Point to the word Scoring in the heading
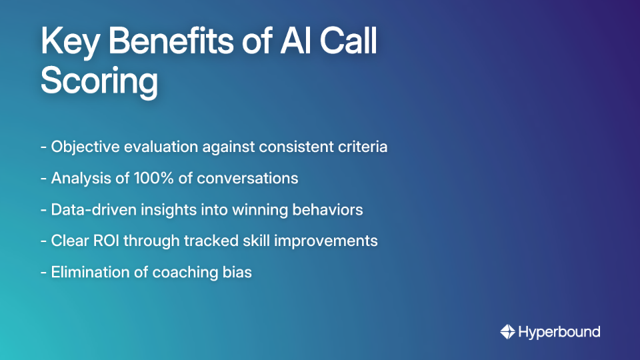point(99,82)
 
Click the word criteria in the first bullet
point(363,147)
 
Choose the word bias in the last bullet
point(237,272)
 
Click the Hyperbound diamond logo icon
point(507,331)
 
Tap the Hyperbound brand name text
point(559,331)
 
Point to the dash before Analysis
point(43,178)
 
